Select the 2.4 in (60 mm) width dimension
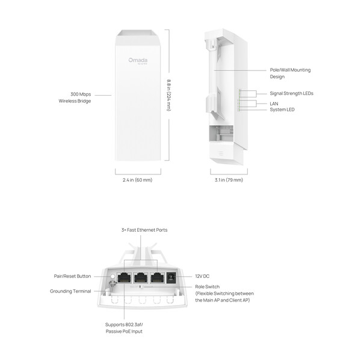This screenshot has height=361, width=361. (x=134, y=180)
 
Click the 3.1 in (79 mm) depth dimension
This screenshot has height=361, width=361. (x=229, y=180)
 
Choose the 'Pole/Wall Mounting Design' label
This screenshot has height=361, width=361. (x=290, y=73)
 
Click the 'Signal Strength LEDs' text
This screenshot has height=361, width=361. (x=291, y=94)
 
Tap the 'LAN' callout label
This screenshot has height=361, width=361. (x=274, y=103)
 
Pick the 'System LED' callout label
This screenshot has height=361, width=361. (x=282, y=110)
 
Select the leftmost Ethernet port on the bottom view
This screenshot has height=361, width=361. (x=125, y=278)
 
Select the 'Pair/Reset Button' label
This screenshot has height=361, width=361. (x=72, y=276)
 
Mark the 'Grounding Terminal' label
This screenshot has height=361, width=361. (x=70, y=291)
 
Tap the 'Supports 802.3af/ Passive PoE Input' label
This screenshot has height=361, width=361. (x=124, y=328)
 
